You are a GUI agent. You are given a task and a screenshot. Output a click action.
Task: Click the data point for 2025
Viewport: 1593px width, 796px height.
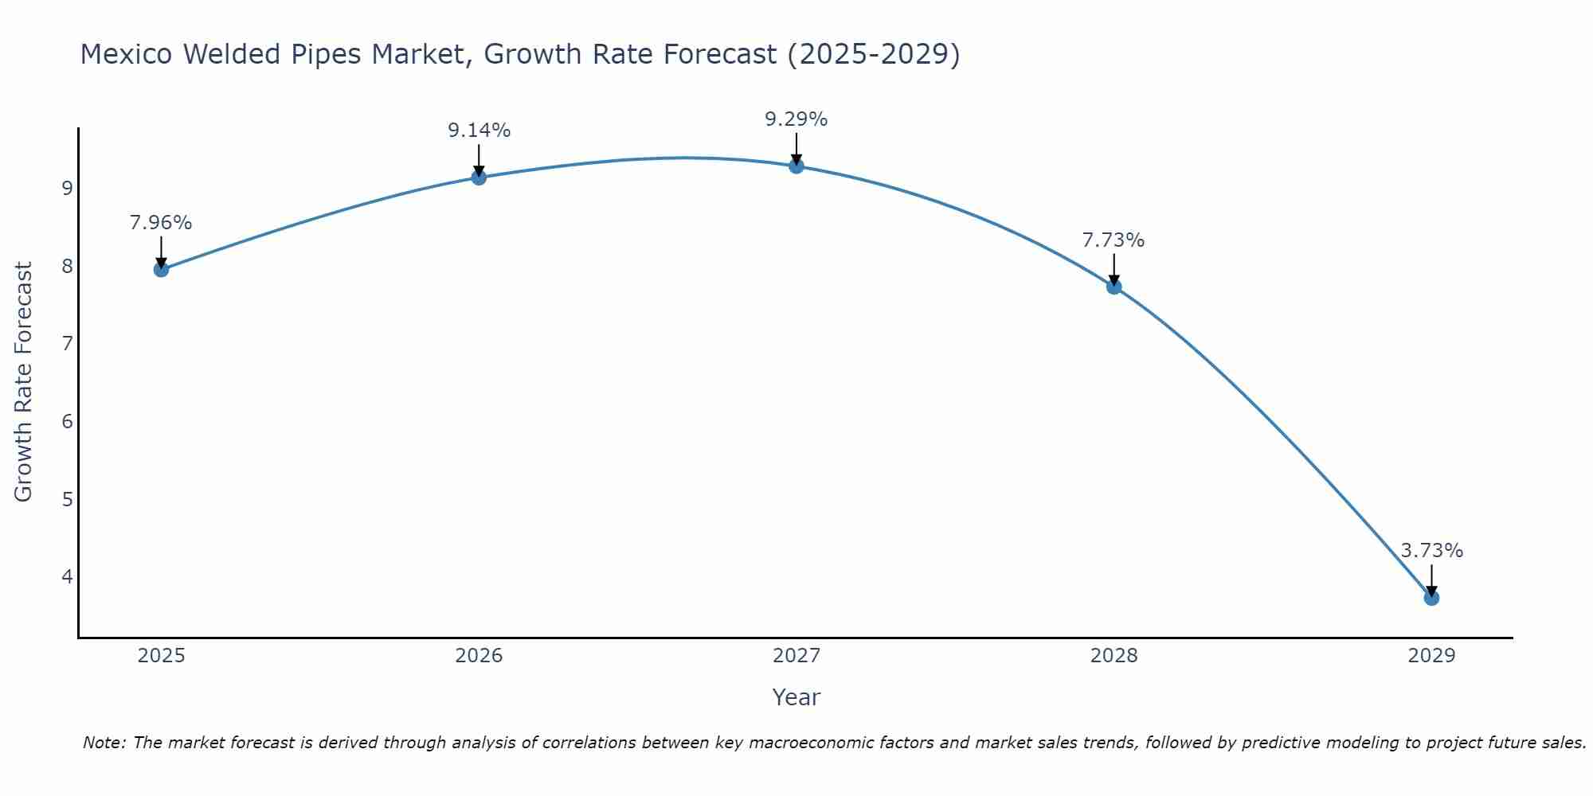tap(161, 269)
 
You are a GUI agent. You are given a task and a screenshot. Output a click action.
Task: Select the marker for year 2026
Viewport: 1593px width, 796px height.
tap(479, 177)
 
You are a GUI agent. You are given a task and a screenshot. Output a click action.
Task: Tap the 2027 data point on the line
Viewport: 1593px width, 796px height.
tap(796, 166)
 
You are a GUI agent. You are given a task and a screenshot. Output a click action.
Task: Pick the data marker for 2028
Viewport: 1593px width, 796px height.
tap(1114, 287)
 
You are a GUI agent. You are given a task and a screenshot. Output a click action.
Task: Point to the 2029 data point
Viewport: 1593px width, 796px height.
tap(1431, 598)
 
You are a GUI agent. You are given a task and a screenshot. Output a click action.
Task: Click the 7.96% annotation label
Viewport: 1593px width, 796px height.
tap(161, 223)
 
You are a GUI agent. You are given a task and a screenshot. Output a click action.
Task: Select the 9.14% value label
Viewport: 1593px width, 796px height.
tap(479, 131)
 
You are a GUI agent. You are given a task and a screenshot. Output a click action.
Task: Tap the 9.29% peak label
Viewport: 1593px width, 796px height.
tap(796, 119)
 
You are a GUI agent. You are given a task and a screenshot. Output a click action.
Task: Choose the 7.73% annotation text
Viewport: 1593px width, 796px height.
tap(1114, 240)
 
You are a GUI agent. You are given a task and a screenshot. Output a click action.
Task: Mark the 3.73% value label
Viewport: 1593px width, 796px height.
tap(1431, 551)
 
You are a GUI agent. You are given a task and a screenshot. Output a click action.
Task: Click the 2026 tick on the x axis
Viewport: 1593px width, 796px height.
tap(479, 656)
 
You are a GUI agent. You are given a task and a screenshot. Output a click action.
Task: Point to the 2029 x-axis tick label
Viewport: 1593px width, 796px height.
tap(1431, 656)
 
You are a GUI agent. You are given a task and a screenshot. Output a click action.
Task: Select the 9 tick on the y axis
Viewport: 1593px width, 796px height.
tap(67, 189)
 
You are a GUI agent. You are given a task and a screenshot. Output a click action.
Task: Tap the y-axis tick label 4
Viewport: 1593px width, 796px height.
tap(67, 576)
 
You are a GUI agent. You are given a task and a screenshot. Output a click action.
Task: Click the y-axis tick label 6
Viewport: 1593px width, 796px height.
tap(67, 421)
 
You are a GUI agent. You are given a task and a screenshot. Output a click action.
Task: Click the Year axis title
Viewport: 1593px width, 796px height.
tap(796, 697)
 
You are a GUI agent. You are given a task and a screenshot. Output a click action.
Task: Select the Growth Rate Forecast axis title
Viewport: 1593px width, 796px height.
tap(24, 382)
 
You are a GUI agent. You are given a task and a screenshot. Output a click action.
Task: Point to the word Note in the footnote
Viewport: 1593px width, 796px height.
tap(104, 743)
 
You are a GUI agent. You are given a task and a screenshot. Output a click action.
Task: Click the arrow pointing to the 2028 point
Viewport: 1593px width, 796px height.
tap(1114, 269)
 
